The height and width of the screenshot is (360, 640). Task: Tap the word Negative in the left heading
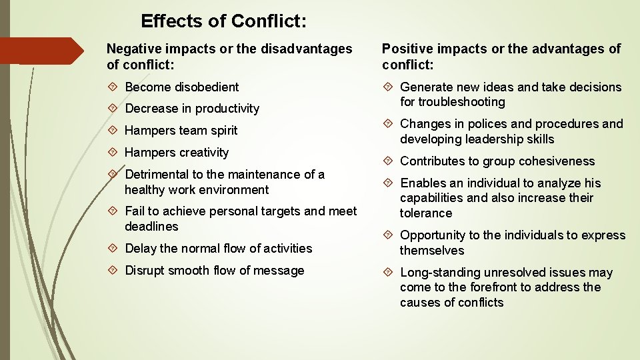tap(135, 49)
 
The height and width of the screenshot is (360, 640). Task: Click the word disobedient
tap(207, 87)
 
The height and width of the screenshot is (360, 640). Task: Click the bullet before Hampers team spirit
tap(113, 130)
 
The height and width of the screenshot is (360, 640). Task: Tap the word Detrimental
tap(157, 175)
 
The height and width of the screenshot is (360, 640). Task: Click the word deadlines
tap(151, 227)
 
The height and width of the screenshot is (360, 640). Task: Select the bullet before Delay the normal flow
tap(113, 248)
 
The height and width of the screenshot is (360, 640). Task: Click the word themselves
tap(432, 251)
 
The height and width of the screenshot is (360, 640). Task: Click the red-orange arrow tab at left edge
tap(40, 51)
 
